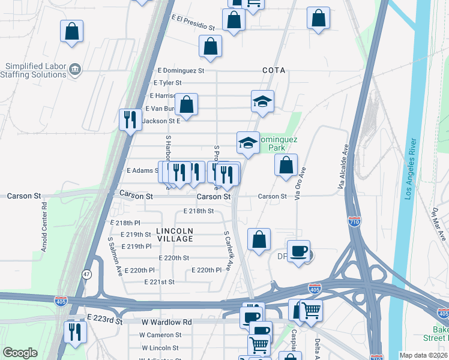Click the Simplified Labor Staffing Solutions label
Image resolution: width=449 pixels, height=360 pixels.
[x=35, y=71]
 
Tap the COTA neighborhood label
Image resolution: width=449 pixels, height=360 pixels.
[x=273, y=70]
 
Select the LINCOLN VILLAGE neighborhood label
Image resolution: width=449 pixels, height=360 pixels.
[x=175, y=235]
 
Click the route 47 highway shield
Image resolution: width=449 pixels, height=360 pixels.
[x=88, y=274]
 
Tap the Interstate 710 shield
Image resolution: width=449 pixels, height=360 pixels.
[x=354, y=222]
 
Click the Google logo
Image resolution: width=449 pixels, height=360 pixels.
[x=20, y=353]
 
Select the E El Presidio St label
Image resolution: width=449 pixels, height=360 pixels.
[x=193, y=23]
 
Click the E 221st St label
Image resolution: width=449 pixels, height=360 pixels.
[x=159, y=282]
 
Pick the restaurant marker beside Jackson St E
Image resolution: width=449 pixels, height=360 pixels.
[x=129, y=119]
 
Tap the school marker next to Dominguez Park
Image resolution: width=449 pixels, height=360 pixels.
[x=247, y=143]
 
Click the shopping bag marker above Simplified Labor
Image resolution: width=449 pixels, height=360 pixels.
[x=71, y=31]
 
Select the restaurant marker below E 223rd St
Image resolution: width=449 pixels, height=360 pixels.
[x=76, y=331]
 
